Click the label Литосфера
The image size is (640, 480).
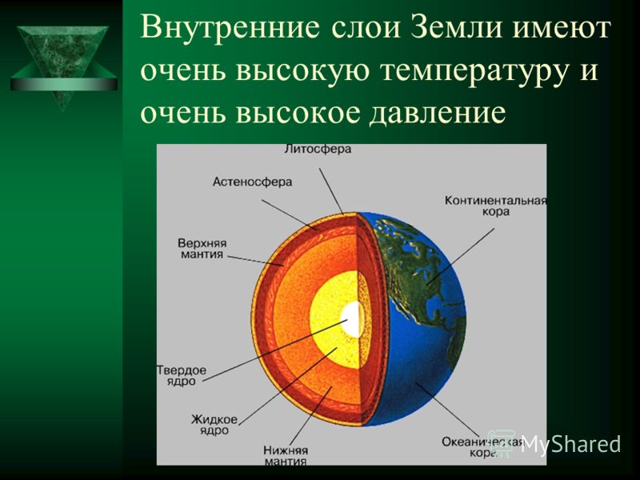pyautogui.click(x=318, y=149)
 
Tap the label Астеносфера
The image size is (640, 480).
pyautogui.click(x=252, y=182)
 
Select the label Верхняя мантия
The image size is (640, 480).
pyautogui.click(x=202, y=249)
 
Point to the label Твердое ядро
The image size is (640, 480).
pyautogui.click(x=182, y=376)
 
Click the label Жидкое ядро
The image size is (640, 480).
pyautogui.click(x=214, y=425)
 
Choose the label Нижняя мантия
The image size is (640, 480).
pyautogui.click(x=286, y=456)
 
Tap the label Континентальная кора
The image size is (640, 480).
pyautogui.click(x=495, y=206)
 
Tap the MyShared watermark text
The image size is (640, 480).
pyautogui.click(x=570, y=444)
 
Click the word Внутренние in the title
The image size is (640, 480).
pyautogui.click(x=230, y=28)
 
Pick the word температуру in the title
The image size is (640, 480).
pyautogui.click(x=474, y=72)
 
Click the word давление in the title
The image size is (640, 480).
pyautogui.click(x=437, y=112)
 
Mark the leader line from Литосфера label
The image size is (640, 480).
pyautogui.click(x=331, y=191)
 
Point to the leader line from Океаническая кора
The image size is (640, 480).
pyautogui.click(x=447, y=410)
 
